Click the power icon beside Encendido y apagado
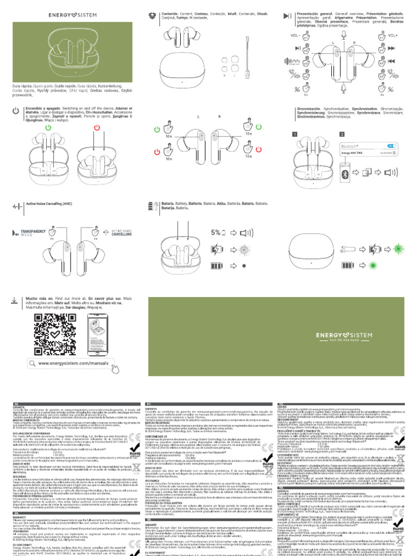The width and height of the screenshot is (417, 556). click(x=16, y=110)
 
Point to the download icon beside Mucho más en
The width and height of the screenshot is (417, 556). click(x=16, y=300)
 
